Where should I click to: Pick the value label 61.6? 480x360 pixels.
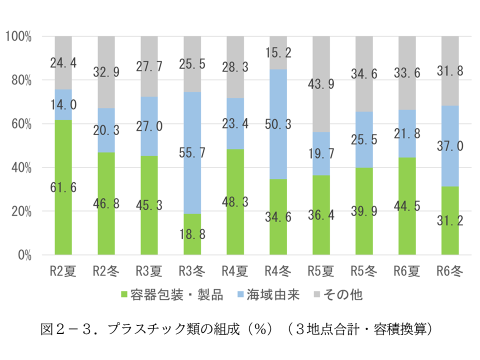point(63,187)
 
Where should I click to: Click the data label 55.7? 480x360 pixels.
point(192,152)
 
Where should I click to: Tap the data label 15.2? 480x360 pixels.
point(278,52)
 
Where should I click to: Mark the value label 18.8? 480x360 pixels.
point(192,233)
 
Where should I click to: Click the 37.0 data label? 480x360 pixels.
point(450,145)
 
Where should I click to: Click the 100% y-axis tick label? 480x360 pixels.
point(19,36)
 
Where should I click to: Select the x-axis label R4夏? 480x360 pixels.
point(235,271)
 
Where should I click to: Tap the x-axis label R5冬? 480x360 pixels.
point(364,271)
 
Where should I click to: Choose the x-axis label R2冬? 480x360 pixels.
point(106,271)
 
